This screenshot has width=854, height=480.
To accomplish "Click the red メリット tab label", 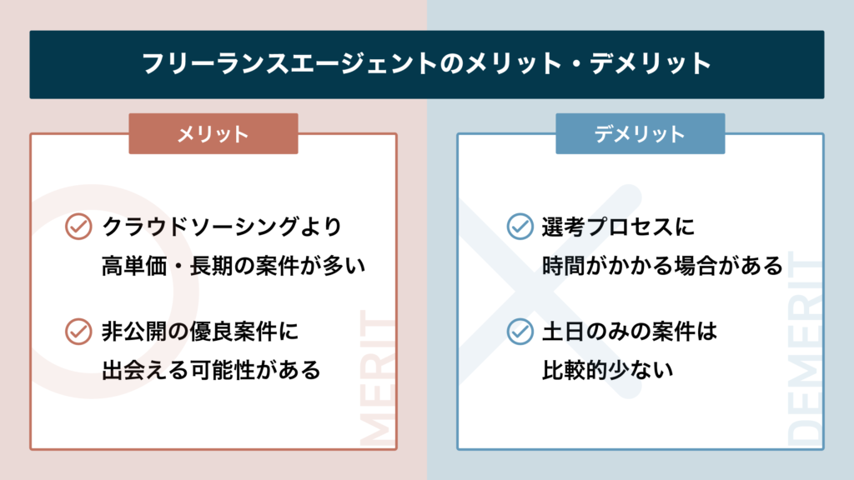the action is pyautogui.click(x=213, y=134).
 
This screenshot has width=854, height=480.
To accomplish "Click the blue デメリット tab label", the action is pyautogui.click(x=640, y=134).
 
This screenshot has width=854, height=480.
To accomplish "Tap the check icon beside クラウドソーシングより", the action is pyautogui.click(x=78, y=227).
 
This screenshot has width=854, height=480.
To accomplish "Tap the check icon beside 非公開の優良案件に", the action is pyautogui.click(x=78, y=332).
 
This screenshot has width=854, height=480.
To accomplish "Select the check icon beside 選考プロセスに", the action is pyautogui.click(x=520, y=227).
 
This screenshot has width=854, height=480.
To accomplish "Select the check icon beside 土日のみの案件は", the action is pyautogui.click(x=520, y=332).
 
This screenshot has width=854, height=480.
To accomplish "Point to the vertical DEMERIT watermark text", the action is pyautogui.click(x=805, y=348).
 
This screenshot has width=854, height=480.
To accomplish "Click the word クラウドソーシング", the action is pyautogui.click(x=201, y=227).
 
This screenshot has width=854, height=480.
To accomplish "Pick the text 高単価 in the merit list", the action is pyautogui.click(x=134, y=266).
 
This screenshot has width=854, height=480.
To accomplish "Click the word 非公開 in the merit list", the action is pyautogui.click(x=134, y=332).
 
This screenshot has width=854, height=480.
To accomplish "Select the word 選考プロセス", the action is pyautogui.click(x=607, y=227).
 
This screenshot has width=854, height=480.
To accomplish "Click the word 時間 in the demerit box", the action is pyautogui.click(x=564, y=266).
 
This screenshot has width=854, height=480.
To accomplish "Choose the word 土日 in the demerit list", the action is pyautogui.click(x=564, y=332).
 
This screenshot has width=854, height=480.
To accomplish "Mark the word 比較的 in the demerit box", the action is pyautogui.click(x=575, y=371).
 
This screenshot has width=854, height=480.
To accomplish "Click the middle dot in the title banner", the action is pyautogui.click(x=575, y=63).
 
